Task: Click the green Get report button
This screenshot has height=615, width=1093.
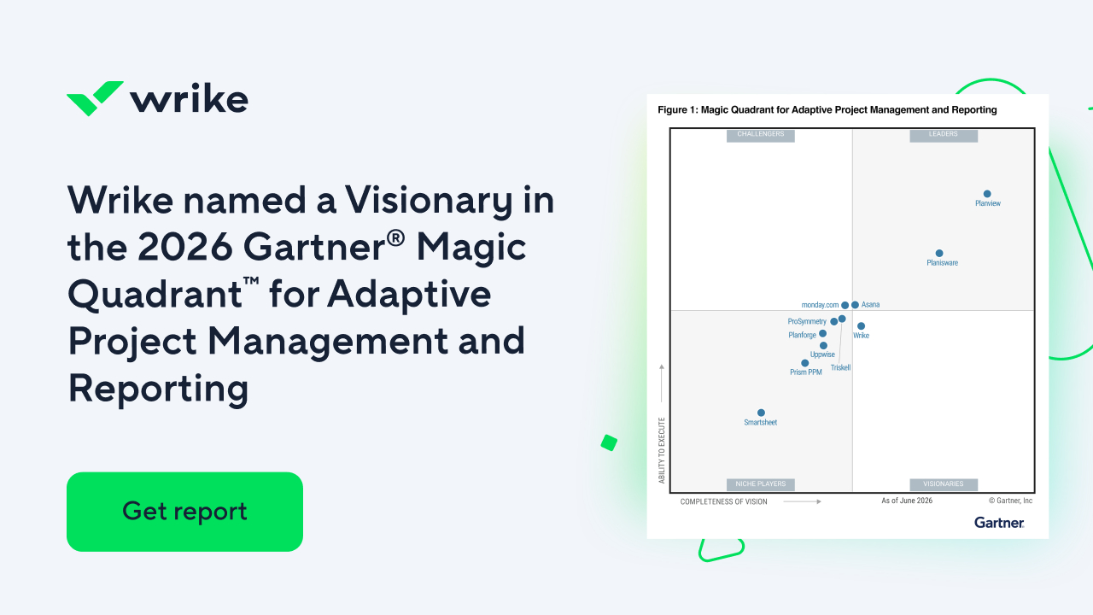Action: click(184, 512)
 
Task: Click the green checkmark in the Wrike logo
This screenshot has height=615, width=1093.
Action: click(95, 98)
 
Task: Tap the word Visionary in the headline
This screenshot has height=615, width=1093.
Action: click(429, 200)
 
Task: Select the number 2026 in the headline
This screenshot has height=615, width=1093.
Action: click(185, 247)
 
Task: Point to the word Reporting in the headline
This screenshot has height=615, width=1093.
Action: click(159, 388)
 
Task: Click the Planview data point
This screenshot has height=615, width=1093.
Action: click(987, 194)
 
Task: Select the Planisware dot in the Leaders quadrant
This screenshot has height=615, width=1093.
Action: click(939, 254)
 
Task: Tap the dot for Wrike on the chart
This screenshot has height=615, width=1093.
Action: click(862, 326)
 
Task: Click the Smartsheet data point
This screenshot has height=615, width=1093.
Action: click(761, 413)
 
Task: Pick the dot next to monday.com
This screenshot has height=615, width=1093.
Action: click(845, 305)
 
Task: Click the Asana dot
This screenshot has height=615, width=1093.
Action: click(855, 305)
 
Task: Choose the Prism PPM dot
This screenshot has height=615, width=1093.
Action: click(804, 363)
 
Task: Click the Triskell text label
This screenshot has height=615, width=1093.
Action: click(841, 367)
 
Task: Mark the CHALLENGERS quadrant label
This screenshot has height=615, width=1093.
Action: click(761, 134)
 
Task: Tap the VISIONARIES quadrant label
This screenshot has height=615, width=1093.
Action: click(944, 484)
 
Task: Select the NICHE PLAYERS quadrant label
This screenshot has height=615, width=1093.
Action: click(761, 484)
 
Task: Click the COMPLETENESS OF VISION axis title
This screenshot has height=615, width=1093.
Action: click(723, 501)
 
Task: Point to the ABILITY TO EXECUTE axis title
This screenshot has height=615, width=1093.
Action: click(662, 450)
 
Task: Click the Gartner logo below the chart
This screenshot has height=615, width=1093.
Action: click(999, 523)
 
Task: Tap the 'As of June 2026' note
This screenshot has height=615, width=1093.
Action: click(907, 501)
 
